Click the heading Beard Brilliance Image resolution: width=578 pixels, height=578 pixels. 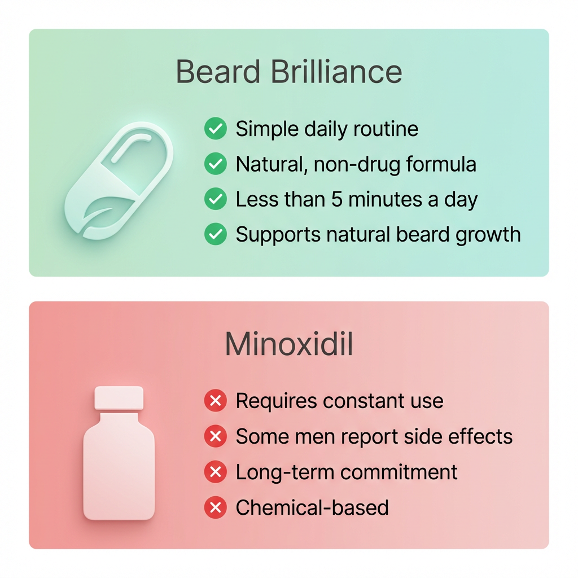(x=288, y=72)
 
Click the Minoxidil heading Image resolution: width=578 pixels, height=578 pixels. (x=288, y=344)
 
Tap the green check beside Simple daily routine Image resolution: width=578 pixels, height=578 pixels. (x=215, y=129)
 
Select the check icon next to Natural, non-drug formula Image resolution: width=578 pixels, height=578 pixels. (x=215, y=164)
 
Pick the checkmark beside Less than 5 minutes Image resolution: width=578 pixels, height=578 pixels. (x=215, y=199)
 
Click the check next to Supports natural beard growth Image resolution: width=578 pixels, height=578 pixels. (x=215, y=234)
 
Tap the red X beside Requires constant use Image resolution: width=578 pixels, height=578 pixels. (x=215, y=401)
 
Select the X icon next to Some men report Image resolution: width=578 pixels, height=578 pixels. (x=215, y=436)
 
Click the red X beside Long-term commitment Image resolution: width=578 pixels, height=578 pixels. (x=215, y=472)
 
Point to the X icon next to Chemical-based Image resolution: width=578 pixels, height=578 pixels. (x=215, y=507)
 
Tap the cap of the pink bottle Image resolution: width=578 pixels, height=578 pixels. (x=119, y=398)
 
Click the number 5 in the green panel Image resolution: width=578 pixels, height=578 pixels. (x=337, y=199)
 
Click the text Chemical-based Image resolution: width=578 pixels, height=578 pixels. (x=312, y=507)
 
